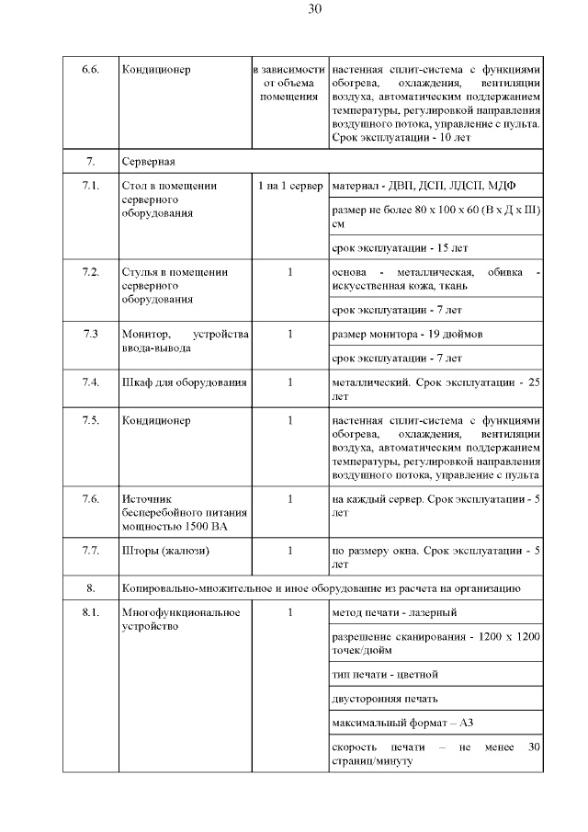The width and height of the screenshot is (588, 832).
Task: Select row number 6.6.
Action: (90, 70)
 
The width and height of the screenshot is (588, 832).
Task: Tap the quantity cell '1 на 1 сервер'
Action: (290, 187)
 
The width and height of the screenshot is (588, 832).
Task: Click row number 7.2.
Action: (90, 272)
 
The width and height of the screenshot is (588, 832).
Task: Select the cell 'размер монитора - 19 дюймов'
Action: (406, 334)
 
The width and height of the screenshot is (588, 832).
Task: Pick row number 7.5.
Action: (90, 420)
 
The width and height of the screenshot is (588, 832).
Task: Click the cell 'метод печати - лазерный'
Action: (393, 612)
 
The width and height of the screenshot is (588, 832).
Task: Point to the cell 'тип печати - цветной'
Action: (386, 674)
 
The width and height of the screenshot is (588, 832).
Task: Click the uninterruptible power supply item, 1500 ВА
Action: (174, 512)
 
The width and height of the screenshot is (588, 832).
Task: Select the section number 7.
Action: (90, 162)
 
